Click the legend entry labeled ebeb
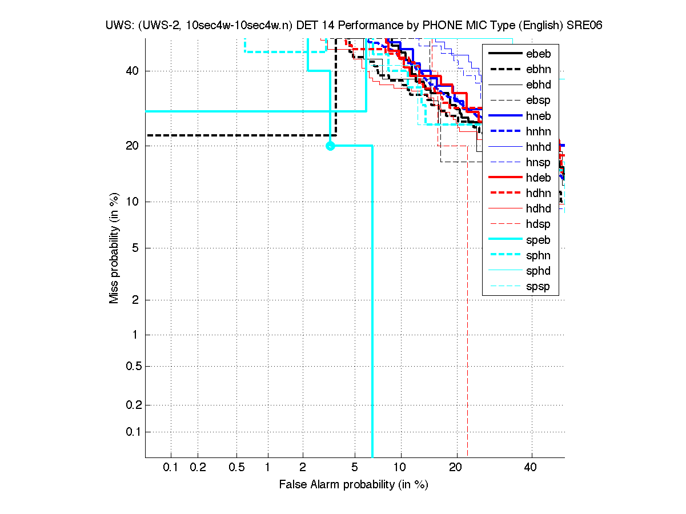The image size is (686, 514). click(538, 54)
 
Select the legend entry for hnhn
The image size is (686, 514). click(538, 132)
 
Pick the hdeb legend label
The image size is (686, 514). click(538, 178)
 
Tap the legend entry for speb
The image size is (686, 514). click(538, 240)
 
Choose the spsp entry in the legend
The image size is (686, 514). click(538, 287)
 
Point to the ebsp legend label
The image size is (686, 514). click(538, 101)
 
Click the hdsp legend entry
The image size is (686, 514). click(538, 224)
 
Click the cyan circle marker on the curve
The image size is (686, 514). click(330, 146)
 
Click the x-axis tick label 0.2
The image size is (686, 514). click(198, 468)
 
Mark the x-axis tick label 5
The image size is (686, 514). click(355, 468)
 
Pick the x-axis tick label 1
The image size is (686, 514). click(268, 468)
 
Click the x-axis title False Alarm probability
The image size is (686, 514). click(353, 485)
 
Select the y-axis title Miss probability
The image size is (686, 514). click(115, 249)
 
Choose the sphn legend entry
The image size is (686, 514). click(538, 255)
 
